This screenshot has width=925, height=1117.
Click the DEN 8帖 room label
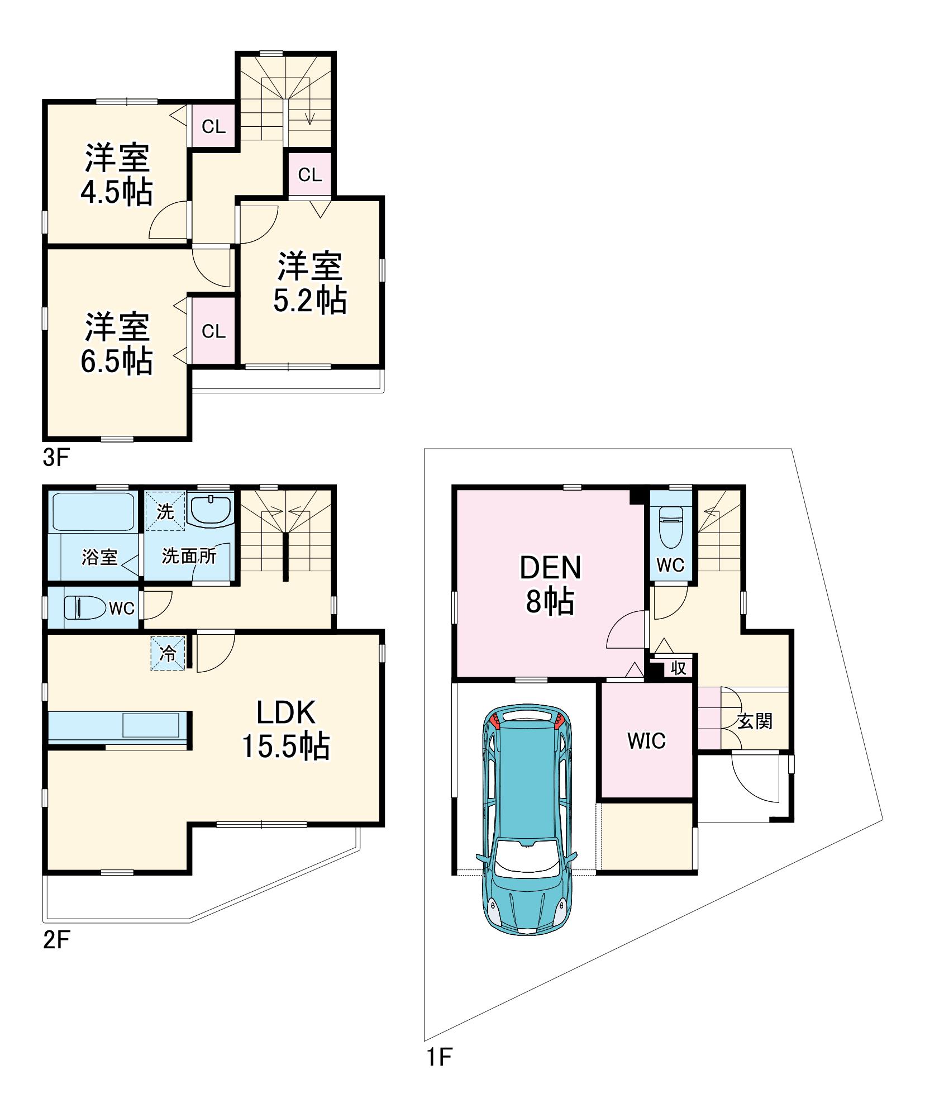point(550,584)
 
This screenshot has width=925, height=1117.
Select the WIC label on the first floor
point(646,741)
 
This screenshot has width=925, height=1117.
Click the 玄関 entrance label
point(755,721)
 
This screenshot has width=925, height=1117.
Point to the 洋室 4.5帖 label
point(117,174)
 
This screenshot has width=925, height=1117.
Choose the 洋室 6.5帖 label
point(117,343)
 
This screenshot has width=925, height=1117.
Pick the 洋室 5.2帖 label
point(310,283)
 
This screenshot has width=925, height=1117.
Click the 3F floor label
point(56,458)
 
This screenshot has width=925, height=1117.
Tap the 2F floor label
point(56,940)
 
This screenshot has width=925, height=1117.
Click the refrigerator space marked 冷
point(168,653)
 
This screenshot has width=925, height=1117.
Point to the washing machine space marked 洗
point(165,509)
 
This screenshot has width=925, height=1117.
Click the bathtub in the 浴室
point(93,511)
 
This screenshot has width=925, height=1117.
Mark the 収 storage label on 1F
point(678,667)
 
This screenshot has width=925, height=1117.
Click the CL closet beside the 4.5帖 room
point(214,127)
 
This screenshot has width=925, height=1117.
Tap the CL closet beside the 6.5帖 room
point(214,331)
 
